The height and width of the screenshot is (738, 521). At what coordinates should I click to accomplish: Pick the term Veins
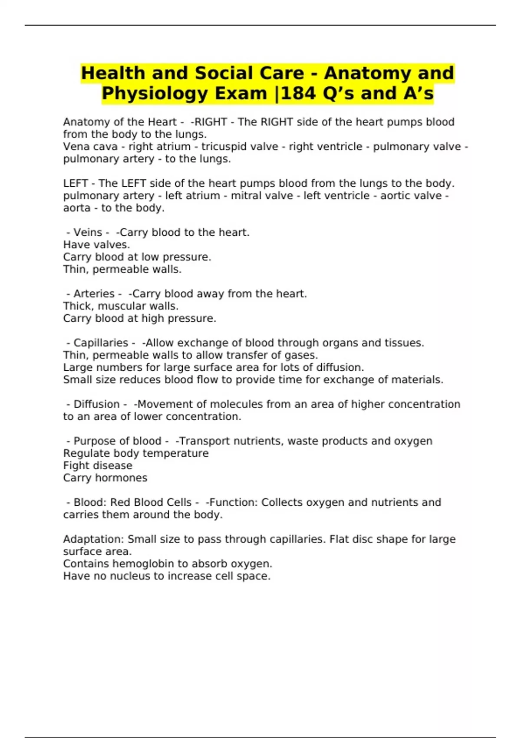tap(88, 233)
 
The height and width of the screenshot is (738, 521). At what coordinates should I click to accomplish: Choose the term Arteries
tap(94, 294)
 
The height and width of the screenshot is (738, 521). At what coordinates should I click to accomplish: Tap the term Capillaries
tap(101, 343)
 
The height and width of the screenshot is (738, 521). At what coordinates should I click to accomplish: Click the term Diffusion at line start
tap(96, 404)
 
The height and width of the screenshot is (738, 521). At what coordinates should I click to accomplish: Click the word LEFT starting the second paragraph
tap(76, 184)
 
